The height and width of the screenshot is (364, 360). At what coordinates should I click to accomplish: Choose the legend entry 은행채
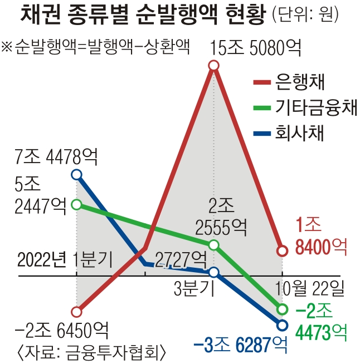click(x=301, y=83)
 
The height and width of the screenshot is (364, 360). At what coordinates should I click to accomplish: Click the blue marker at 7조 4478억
click(x=77, y=175)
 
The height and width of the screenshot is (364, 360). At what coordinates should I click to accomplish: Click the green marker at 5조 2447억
click(x=77, y=205)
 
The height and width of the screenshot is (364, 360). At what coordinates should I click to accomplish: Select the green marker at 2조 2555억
click(x=215, y=245)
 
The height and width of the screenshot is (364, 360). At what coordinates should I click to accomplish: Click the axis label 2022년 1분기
click(x=65, y=259)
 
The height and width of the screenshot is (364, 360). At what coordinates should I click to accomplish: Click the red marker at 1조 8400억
click(x=282, y=251)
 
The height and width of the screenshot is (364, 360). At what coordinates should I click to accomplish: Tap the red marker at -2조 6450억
click(x=77, y=312)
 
